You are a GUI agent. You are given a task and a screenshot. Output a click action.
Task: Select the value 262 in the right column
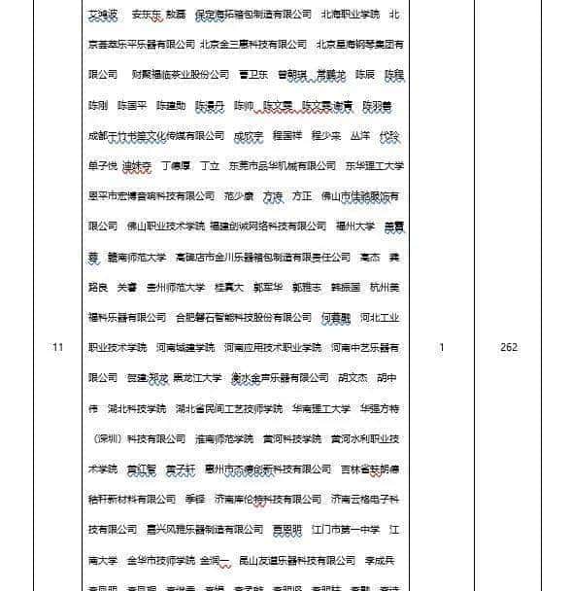pos(510,347)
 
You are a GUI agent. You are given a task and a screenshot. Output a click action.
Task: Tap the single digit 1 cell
pos(441,347)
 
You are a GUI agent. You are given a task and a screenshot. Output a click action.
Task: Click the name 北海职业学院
pos(350,14)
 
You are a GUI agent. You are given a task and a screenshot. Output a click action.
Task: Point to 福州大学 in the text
pos(355,226)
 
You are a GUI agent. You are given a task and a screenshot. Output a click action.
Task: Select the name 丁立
pos(210,166)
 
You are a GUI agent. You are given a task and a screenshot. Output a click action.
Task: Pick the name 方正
pos(302,196)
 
